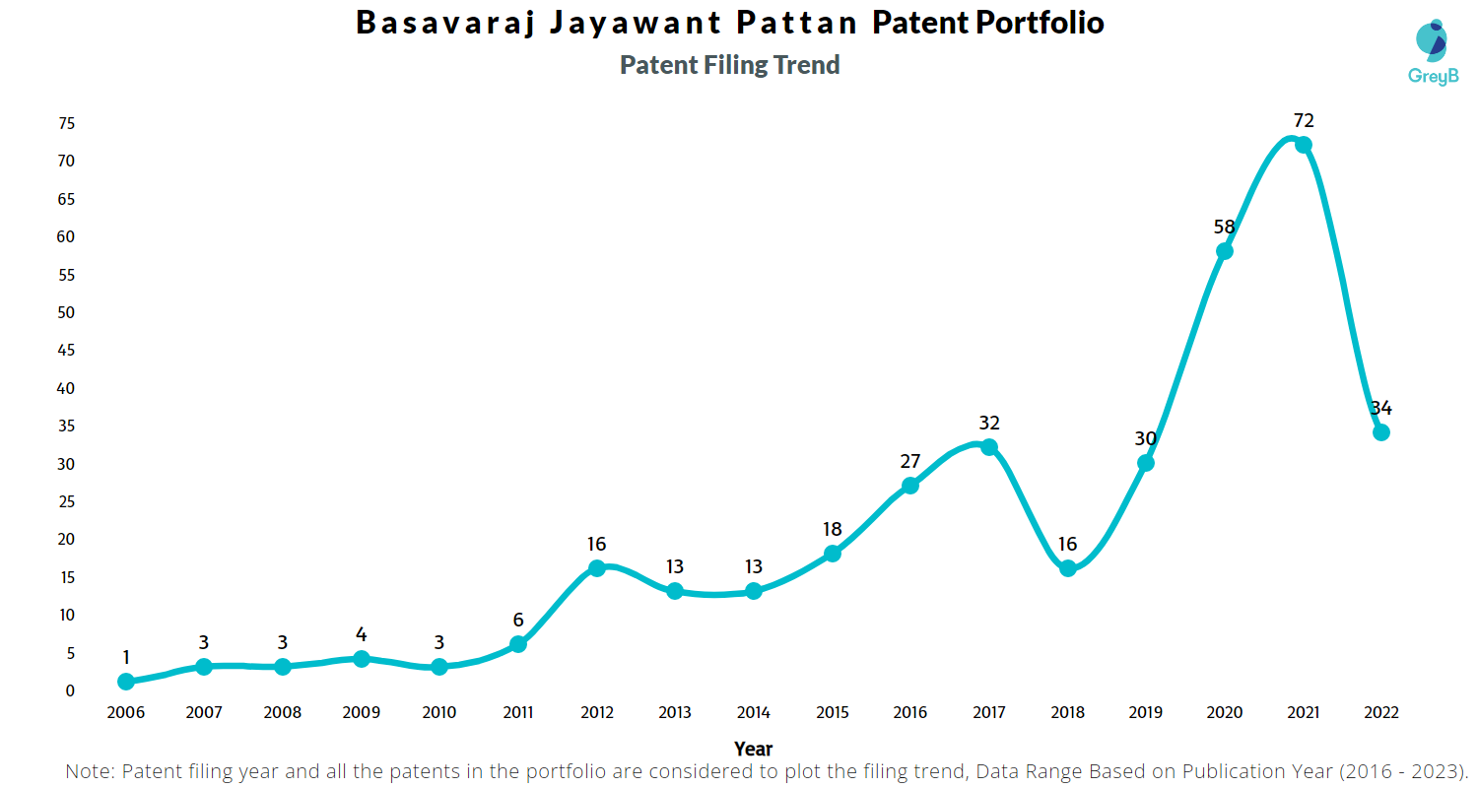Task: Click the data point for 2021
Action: click(x=1303, y=145)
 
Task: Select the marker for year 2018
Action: click(x=1067, y=568)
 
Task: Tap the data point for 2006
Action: click(x=125, y=682)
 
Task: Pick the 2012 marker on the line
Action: click(x=596, y=568)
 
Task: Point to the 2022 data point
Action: click(x=1381, y=432)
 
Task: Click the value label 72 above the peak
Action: click(x=1304, y=120)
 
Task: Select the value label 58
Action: click(x=1224, y=227)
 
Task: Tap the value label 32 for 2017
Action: click(x=989, y=423)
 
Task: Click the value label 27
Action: click(x=910, y=461)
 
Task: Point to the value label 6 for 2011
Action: click(x=518, y=621)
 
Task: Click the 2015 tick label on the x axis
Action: click(x=832, y=712)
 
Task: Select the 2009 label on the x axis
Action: click(x=361, y=712)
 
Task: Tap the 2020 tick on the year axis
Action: click(x=1224, y=712)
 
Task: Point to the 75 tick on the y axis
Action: click(x=67, y=123)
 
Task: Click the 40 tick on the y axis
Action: click(x=67, y=388)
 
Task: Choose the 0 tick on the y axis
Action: click(x=70, y=690)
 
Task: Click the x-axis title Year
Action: click(x=753, y=749)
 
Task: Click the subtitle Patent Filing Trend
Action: click(x=729, y=65)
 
